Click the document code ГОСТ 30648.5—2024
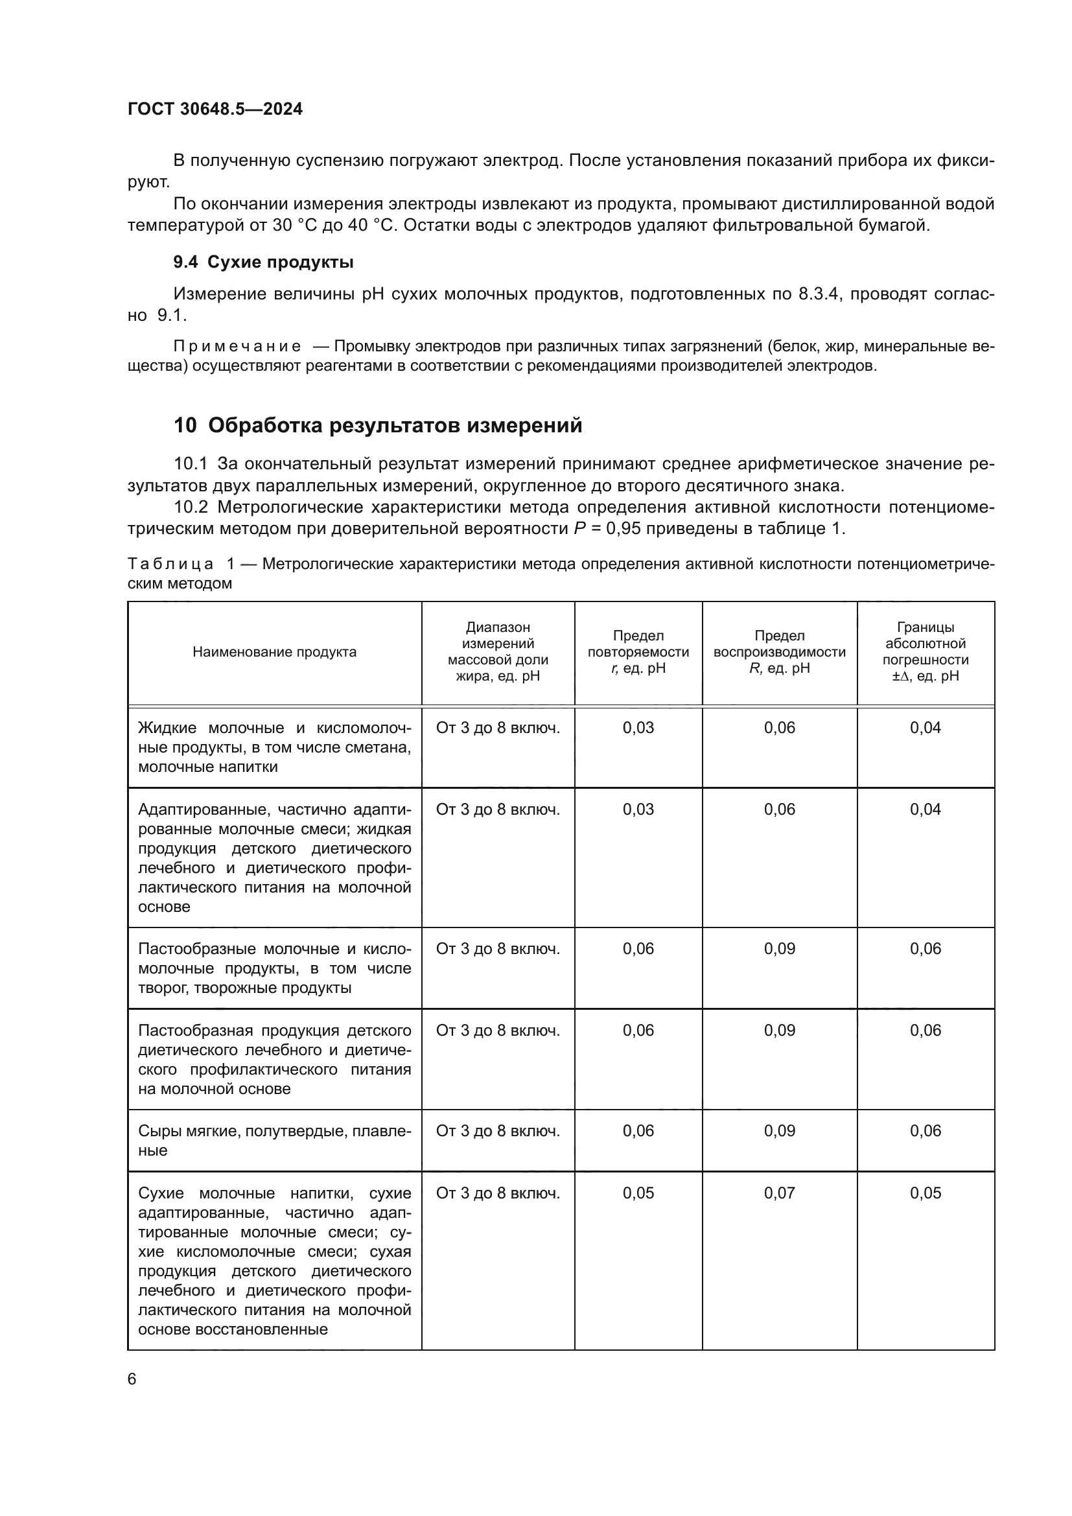click(215, 109)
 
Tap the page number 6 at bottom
click(132, 1379)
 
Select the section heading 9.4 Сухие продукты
click(263, 262)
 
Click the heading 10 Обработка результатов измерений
click(378, 425)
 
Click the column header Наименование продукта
click(274, 651)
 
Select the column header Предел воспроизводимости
click(779, 651)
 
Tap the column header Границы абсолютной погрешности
click(925, 651)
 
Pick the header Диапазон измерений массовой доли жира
click(498, 651)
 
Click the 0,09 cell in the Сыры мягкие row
click(779, 1130)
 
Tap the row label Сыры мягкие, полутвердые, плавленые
click(274, 1139)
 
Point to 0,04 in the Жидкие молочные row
click(925, 728)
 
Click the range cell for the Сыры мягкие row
click(498, 1130)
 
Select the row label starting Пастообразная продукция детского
click(274, 1059)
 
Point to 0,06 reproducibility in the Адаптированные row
click(779, 809)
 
